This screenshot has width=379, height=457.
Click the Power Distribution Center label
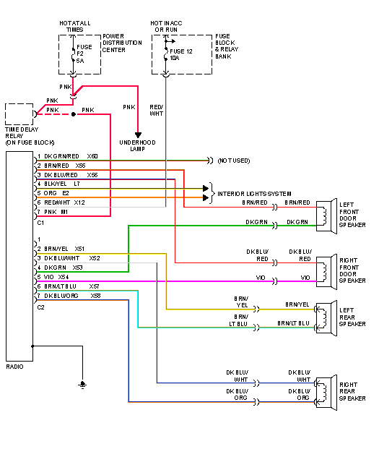(x=120, y=43)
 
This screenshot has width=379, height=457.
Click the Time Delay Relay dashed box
(x=19, y=114)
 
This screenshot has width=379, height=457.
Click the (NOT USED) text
(x=235, y=159)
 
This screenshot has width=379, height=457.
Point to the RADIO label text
(x=15, y=367)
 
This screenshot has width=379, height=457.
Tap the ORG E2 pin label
(x=56, y=193)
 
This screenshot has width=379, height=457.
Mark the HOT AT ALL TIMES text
(x=75, y=25)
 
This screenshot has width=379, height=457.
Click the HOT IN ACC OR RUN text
(x=168, y=25)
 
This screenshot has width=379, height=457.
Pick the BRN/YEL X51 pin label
(x=64, y=248)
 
